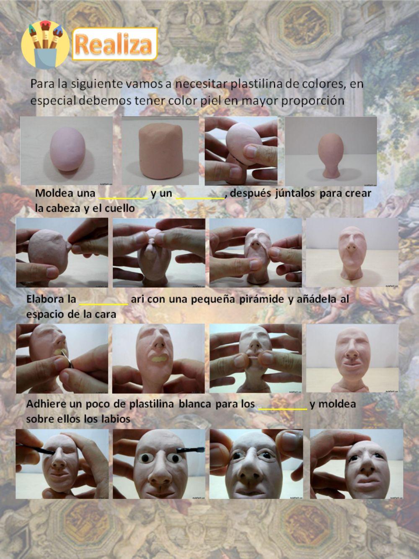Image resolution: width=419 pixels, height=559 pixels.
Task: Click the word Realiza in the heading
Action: click(114, 44)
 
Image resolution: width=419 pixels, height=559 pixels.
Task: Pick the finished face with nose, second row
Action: click(352, 252)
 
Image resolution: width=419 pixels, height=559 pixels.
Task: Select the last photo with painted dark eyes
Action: click(356, 463)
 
